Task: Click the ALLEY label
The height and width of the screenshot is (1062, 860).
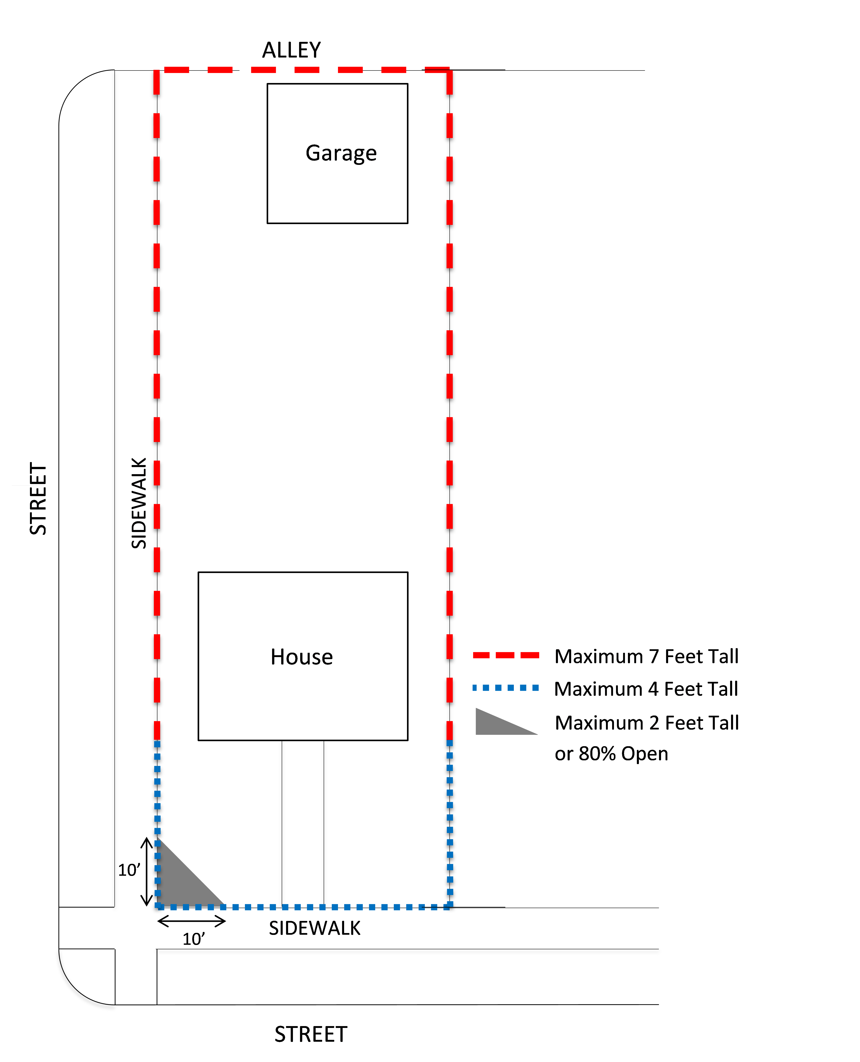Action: pyautogui.click(x=291, y=50)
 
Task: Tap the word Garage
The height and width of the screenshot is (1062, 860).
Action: pyautogui.click(x=341, y=153)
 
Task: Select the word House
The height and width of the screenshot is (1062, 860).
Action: pyautogui.click(x=302, y=657)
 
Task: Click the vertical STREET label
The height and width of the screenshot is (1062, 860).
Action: pyautogui.click(x=38, y=498)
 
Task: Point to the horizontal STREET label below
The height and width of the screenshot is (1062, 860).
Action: pyautogui.click(x=311, y=1034)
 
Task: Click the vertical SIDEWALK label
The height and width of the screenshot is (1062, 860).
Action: pyautogui.click(x=139, y=503)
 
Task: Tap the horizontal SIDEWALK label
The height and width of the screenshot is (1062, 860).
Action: pyautogui.click(x=315, y=928)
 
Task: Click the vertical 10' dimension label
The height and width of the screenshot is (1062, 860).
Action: pyautogui.click(x=129, y=870)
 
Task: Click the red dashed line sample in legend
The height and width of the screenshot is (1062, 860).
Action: pyautogui.click(x=505, y=655)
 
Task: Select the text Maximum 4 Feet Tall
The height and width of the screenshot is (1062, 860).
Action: pyautogui.click(x=646, y=689)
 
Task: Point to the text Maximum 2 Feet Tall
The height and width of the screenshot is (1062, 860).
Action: pyautogui.click(x=647, y=723)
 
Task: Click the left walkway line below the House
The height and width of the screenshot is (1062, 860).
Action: pyautogui.click(x=282, y=822)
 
